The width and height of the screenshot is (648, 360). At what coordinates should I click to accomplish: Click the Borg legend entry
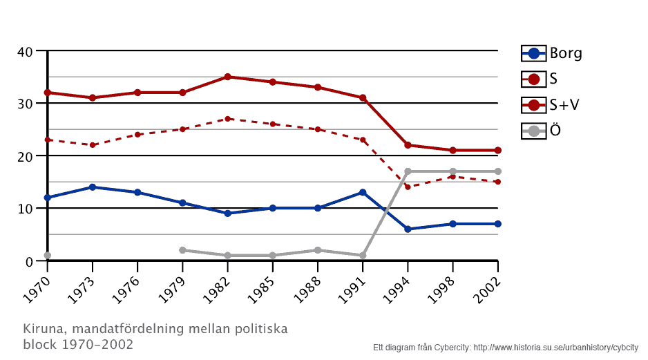click(x=551, y=53)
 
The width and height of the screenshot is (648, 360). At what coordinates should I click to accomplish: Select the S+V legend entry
click(x=551, y=105)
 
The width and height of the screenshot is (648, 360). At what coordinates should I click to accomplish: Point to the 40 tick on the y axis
click(x=25, y=51)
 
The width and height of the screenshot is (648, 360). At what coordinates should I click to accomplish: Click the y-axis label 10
click(x=25, y=209)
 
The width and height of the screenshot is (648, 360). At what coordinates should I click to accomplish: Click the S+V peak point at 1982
click(x=227, y=77)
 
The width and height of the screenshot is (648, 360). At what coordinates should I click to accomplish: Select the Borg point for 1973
click(x=93, y=187)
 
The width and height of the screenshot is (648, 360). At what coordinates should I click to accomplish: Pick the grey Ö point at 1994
click(x=408, y=171)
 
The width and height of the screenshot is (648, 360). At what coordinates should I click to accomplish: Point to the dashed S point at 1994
click(x=408, y=187)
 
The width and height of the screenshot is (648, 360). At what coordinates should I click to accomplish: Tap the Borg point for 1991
click(x=363, y=192)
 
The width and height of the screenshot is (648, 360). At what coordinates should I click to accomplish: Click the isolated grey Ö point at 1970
click(x=48, y=256)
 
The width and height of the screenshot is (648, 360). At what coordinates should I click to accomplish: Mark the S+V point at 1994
click(x=408, y=145)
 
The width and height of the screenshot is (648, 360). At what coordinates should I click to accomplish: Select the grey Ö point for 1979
click(x=182, y=250)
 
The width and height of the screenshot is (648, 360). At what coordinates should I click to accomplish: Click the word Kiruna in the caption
click(x=41, y=328)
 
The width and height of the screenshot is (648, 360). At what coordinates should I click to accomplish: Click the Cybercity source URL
click(x=555, y=348)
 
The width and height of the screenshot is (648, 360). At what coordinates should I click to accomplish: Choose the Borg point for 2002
click(x=497, y=224)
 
